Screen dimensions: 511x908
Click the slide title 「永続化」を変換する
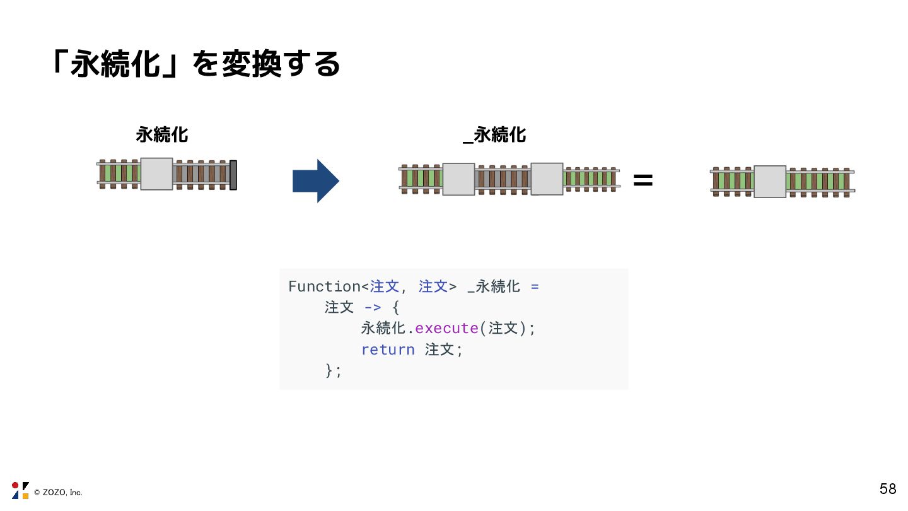point(195,64)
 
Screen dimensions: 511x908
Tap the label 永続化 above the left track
point(162,134)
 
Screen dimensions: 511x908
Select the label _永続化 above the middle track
point(494,134)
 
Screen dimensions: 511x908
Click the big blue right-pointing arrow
point(316,181)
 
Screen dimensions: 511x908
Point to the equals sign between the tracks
point(643,181)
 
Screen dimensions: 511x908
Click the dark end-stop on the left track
point(233,175)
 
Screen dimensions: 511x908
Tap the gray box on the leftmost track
point(156,174)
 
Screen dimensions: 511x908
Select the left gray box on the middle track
point(458,179)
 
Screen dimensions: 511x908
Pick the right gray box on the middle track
point(547,179)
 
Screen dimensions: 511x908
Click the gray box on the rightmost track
point(770,182)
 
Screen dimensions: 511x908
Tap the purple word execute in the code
point(446,328)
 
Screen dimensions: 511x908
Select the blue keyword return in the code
point(388,349)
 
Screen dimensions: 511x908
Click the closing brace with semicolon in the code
point(334,370)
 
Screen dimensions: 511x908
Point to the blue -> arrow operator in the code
point(373,307)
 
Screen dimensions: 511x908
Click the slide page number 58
point(888,489)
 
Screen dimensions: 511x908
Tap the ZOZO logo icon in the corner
point(20,490)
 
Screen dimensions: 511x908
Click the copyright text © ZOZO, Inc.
point(58,492)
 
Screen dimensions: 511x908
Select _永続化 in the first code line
point(494,286)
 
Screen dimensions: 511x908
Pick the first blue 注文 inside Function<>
point(384,286)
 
